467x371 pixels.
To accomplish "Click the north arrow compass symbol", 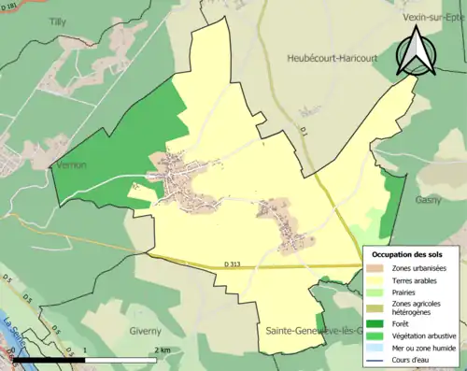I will tap(415, 50).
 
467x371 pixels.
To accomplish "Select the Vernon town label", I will tap(71, 164).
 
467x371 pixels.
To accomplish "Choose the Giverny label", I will tap(145, 331).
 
